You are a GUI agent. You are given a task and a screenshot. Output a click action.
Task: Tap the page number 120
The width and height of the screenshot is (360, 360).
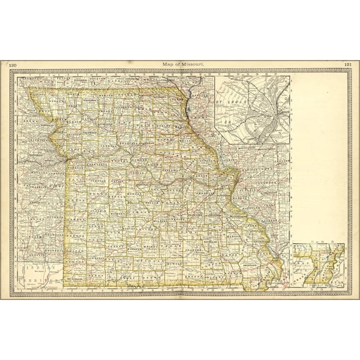pos(12,64)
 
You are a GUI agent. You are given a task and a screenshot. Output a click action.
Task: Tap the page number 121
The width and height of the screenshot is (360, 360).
pos(347,64)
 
